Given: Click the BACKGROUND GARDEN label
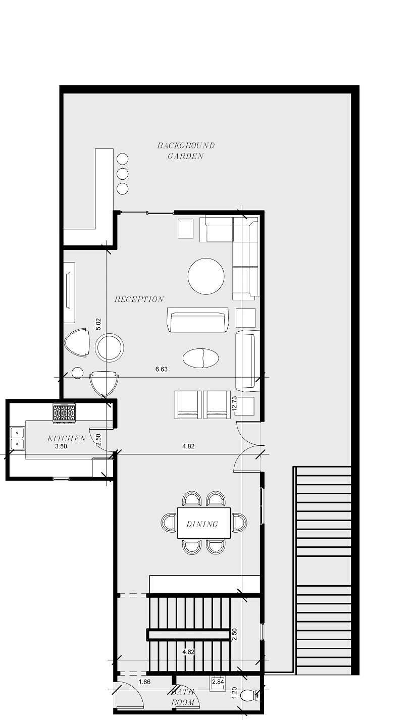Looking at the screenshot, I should click(185, 150).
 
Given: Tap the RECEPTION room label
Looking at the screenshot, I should click(139, 299).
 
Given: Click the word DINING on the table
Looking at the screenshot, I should click(202, 524).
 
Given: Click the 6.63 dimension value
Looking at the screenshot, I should click(162, 369).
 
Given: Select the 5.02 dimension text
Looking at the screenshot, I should click(99, 324).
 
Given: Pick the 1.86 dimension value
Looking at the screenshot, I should click(144, 682).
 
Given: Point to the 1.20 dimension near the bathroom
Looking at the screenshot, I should click(234, 693).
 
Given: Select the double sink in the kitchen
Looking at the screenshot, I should click(17, 438).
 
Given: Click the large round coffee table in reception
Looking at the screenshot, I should click(206, 276).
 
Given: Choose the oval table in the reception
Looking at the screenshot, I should click(201, 358).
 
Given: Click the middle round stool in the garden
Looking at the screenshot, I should click(122, 174).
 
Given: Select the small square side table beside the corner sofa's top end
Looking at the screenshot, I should click(185, 228).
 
